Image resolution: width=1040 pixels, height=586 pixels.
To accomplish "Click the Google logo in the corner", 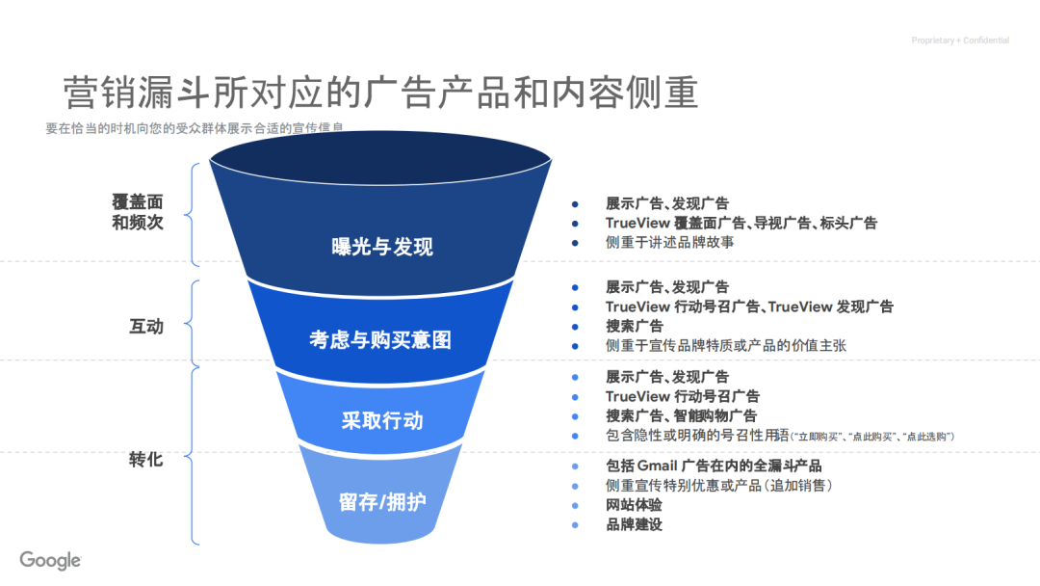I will [50, 560].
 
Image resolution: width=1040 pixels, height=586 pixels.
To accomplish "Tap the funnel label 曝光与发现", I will [382, 247].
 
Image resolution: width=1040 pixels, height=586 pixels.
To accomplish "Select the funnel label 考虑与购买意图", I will [379, 339].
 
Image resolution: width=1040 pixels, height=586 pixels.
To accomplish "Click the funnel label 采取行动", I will [381, 421].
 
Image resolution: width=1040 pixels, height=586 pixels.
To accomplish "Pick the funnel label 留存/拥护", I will [382, 502].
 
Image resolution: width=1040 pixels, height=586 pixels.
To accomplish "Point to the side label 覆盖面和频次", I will [138, 212].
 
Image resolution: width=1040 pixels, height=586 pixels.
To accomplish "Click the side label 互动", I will [146, 327].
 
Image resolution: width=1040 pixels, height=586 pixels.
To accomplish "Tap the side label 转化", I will [146, 460].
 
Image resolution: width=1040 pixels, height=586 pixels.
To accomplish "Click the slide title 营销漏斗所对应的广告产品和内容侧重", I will [380, 93].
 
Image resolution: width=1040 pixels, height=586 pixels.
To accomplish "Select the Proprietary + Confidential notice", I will [960, 40].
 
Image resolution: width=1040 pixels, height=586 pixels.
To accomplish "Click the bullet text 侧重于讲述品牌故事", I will [669, 243].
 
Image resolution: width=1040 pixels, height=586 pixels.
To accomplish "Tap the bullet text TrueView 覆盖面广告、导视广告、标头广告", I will [741, 223].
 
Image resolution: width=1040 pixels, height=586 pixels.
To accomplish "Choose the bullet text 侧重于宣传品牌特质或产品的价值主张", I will [725, 345].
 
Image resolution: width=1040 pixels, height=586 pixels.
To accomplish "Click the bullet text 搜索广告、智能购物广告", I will [681, 416].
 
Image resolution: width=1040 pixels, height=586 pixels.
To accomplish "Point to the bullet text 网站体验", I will [634, 505].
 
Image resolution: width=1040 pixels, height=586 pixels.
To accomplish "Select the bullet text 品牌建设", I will [634, 524].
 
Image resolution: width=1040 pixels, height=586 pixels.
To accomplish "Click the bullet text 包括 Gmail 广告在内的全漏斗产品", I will [713, 466].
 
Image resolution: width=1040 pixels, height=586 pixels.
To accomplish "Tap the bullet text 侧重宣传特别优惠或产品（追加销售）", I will [718, 486].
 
